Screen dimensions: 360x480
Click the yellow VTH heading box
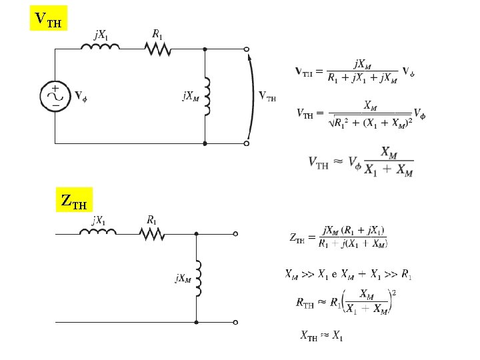pyautogui.click(x=49, y=19)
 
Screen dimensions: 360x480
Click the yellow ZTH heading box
pyautogui.click(x=73, y=199)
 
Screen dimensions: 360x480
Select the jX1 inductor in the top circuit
pyautogui.click(x=99, y=47)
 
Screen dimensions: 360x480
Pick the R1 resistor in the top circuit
pyautogui.click(x=157, y=47)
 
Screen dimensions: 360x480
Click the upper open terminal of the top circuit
pyautogui.click(x=246, y=49)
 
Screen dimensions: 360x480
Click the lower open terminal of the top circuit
pyautogui.click(x=246, y=143)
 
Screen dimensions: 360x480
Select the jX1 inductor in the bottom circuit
pyautogui.click(x=98, y=233)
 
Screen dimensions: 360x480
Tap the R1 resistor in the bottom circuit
pyautogui.click(x=152, y=233)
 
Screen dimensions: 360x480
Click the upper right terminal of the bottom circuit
pyautogui.click(x=235, y=233)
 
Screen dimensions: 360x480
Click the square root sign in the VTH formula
pyautogui.click(x=332, y=123)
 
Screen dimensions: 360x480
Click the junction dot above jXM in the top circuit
pyautogui.click(x=205, y=49)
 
